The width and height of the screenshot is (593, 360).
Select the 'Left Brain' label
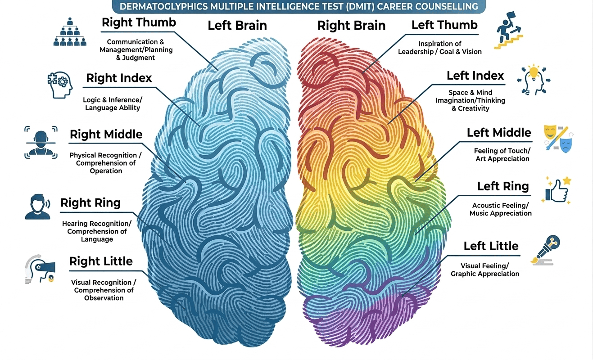[237, 25]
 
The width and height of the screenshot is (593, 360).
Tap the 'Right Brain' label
[351, 25]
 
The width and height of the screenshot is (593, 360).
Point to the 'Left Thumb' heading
[444, 25]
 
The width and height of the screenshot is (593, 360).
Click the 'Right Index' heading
[119, 78]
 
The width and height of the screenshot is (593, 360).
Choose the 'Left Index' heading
[475, 76]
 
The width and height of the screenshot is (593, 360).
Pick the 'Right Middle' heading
[106, 134]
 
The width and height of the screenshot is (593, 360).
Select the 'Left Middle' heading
[499, 133]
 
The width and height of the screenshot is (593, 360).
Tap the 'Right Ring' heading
[91, 203]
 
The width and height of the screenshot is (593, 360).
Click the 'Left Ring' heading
[503, 186]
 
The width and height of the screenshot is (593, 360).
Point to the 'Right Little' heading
[101, 261]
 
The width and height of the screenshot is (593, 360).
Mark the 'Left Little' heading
[491, 246]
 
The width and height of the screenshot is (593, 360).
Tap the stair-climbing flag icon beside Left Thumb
[508, 31]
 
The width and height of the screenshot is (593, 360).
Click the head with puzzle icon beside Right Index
[59, 84]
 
